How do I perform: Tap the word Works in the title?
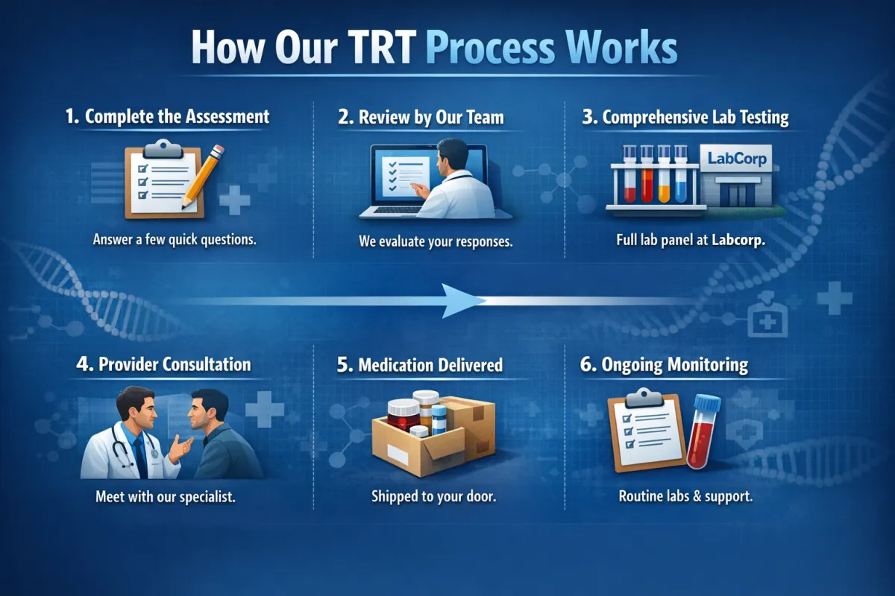[x=622, y=47]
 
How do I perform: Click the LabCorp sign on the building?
[x=737, y=159]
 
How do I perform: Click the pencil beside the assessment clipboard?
[x=203, y=177]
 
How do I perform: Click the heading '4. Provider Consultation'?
[x=163, y=364]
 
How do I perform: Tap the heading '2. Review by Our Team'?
[x=421, y=118]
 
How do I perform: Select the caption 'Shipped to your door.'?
[x=433, y=496]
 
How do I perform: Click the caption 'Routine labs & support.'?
[x=685, y=496]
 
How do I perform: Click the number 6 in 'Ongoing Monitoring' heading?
[x=586, y=364]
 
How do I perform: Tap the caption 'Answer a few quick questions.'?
[x=175, y=240]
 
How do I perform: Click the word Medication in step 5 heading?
[x=396, y=365]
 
